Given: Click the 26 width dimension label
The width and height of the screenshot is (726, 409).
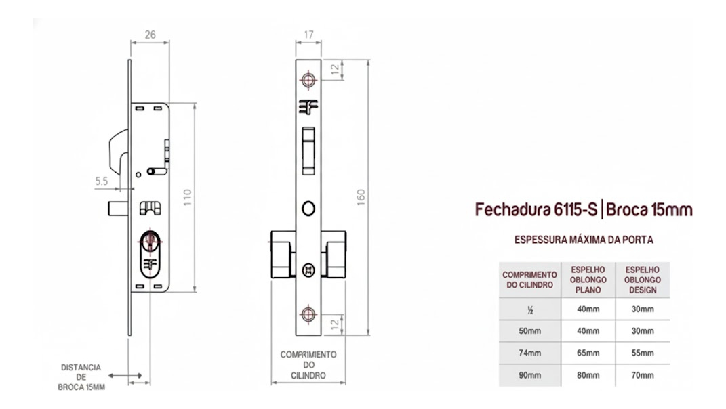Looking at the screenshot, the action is click(150, 35).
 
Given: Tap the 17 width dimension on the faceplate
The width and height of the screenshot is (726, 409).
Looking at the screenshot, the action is click(309, 35).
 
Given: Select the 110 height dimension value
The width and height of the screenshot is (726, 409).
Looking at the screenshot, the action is click(187, 198).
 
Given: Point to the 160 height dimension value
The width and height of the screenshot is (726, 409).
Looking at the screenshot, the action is click(361, 198).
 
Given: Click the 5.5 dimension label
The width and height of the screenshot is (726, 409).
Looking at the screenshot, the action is click(102, 181).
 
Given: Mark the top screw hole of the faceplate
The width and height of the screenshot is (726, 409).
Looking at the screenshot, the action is click(308, 80).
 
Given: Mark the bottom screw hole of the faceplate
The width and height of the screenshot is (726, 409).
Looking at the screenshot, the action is click(308, 314).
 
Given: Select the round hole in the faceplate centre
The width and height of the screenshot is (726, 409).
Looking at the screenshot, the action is click(308, 208).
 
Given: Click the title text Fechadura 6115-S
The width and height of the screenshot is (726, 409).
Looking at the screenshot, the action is click(536, 210).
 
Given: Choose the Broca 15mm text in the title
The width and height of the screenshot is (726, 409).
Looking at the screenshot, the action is click(649, 210).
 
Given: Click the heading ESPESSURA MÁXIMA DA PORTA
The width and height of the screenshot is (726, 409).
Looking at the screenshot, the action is click(584, 240).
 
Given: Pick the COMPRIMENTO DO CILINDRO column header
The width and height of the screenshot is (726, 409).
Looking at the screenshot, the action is click(529, 280).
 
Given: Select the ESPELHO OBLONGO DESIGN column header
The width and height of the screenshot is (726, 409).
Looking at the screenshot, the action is click(643, 280).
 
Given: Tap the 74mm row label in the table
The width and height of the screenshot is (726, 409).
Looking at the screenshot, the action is click(529, 353).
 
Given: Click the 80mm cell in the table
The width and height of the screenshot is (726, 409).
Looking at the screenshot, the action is click(588, 375).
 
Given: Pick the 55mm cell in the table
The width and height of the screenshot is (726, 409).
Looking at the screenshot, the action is click(643, 353).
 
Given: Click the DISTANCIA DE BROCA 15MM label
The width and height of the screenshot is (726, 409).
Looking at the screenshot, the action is click(81, 377).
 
